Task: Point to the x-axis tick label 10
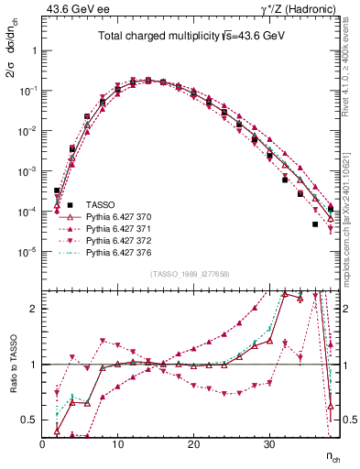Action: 117,443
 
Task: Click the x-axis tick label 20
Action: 193,443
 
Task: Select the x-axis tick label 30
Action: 268,443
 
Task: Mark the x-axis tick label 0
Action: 42,443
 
